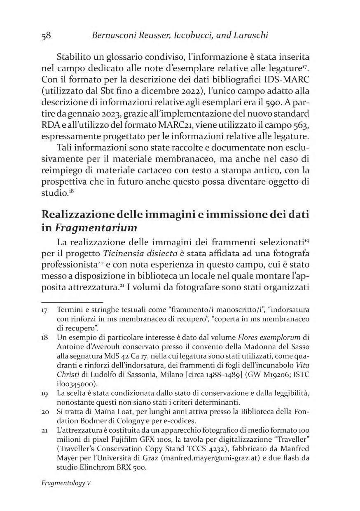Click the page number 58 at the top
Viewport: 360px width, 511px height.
click(x=46, y=35)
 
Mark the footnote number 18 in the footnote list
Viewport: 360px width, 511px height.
click(x=45, y=338)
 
